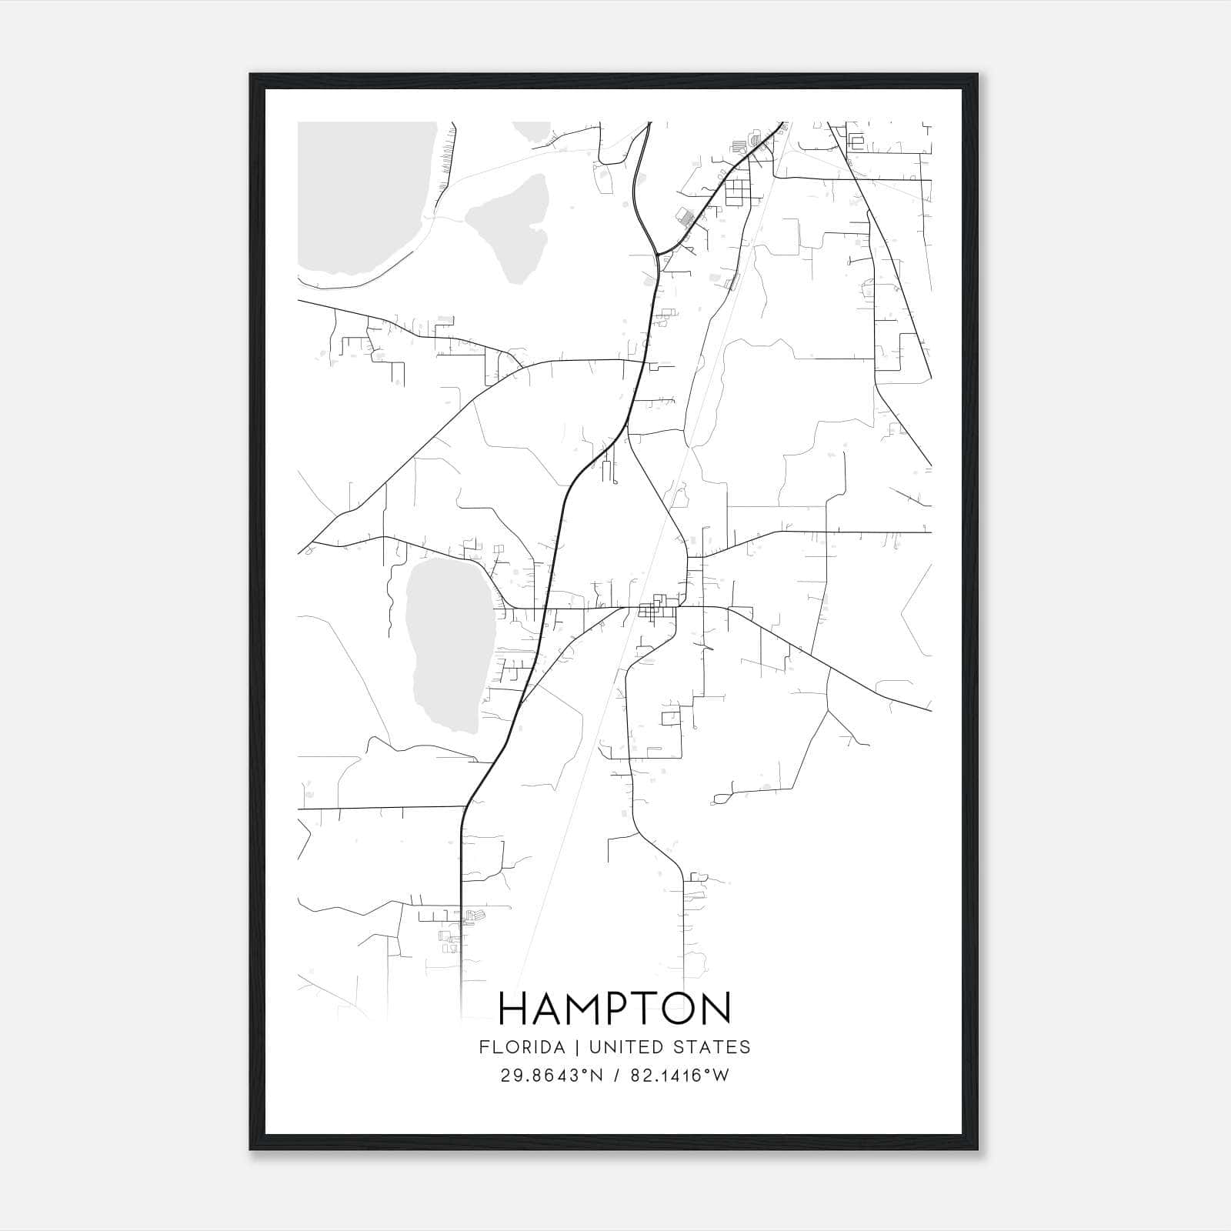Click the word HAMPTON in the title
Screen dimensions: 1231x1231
tap(615, 1009)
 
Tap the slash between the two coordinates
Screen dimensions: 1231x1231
tap(615, 1076)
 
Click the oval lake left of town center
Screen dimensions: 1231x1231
tap(447, 642)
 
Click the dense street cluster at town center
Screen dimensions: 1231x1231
tap(658, 607)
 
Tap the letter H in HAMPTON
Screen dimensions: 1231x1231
tap(514, 1009)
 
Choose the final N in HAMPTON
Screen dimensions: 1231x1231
tap(716, 1009)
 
